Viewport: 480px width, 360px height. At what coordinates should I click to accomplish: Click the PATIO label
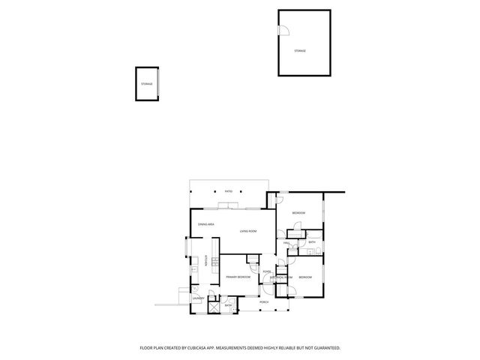click(x=229, y=191)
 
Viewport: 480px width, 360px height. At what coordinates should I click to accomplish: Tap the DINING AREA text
click(x=207, y=225)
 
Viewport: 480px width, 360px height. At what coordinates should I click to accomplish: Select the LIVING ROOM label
click(x=249, y=231)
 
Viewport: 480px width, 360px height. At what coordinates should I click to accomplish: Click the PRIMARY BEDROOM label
click(x=238, y=277)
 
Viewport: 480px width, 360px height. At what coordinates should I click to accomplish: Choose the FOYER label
click(x=266, y=271)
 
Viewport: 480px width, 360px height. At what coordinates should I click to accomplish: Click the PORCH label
click(x=264, y=302)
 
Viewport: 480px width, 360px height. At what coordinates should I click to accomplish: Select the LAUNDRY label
click(x=197, y=298)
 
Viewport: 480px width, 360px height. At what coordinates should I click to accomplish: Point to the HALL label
click(x=286, y=244)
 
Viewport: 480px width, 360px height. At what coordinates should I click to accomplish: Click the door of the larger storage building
click(x=283, y=30)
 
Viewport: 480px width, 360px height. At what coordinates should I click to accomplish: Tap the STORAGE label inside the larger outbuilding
click(x=300, y=51)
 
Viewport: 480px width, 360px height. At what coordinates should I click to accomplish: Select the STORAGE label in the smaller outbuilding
click(x=146, y=84)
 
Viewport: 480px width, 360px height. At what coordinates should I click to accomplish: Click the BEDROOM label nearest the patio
click(x=298, y=214)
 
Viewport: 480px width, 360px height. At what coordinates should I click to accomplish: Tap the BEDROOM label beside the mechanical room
click(x=304, y=278)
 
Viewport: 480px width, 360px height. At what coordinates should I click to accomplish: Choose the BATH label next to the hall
click(x=311, y=242)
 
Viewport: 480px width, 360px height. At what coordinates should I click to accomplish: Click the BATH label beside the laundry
click(x=227, y=305)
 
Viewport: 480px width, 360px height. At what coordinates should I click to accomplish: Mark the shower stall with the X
click(x=213, y=306)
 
